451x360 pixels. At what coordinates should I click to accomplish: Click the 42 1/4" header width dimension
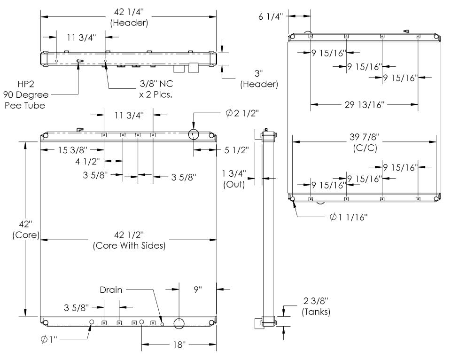pos(129,12)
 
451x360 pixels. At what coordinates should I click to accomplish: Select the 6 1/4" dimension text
pos(271,16)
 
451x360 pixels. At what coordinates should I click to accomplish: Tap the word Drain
pos(111,290)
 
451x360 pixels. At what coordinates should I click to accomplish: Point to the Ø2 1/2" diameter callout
pos(242,113)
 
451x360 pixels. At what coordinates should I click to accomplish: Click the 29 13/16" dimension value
pos(365,104)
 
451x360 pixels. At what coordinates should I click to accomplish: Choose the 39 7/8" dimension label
pos(365,137)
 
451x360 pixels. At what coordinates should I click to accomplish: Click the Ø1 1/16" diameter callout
pos(349,217)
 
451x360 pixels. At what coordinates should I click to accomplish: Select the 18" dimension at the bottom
pos(179,344)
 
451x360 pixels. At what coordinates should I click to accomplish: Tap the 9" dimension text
pos(198,289)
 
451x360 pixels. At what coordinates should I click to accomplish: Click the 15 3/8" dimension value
pos(73,150)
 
